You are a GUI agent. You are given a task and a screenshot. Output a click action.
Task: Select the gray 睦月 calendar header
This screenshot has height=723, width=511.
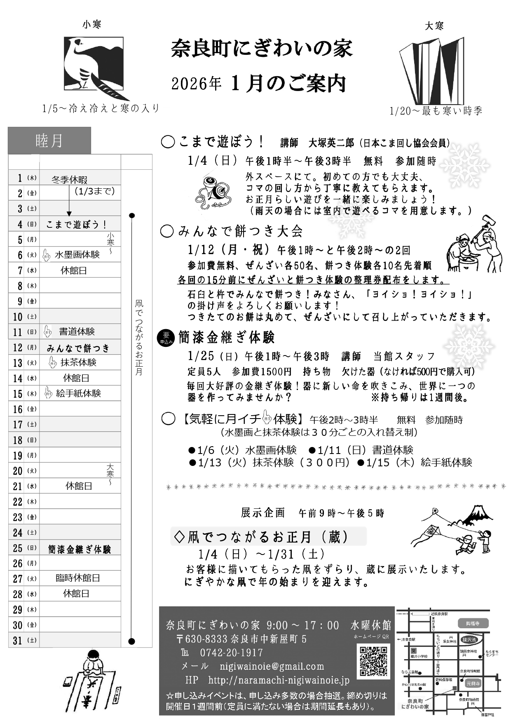[x=49, y=140]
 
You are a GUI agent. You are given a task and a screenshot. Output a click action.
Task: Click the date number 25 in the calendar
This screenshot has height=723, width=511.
[x=17, y=548]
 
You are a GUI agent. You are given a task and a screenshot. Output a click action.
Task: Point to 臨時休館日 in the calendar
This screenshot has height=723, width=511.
[x=78, y=578]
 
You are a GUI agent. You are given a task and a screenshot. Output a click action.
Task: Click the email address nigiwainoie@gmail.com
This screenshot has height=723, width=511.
[x=272, y=666]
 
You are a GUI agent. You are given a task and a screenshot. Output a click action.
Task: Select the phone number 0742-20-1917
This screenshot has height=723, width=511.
[x=231, y=653]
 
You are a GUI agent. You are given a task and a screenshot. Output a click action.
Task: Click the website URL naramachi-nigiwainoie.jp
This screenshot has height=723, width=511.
[x=279, y=680]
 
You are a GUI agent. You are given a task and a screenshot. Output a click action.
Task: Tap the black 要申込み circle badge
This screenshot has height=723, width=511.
[x=166, y=338]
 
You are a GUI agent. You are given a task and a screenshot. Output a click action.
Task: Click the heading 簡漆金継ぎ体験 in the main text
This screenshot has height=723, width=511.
[x=226, y=337]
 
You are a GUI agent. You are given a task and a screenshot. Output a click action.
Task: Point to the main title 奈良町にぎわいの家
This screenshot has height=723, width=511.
[x=262, y=49]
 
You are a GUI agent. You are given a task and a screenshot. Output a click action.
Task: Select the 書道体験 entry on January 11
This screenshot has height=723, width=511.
[x=77, y=332]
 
